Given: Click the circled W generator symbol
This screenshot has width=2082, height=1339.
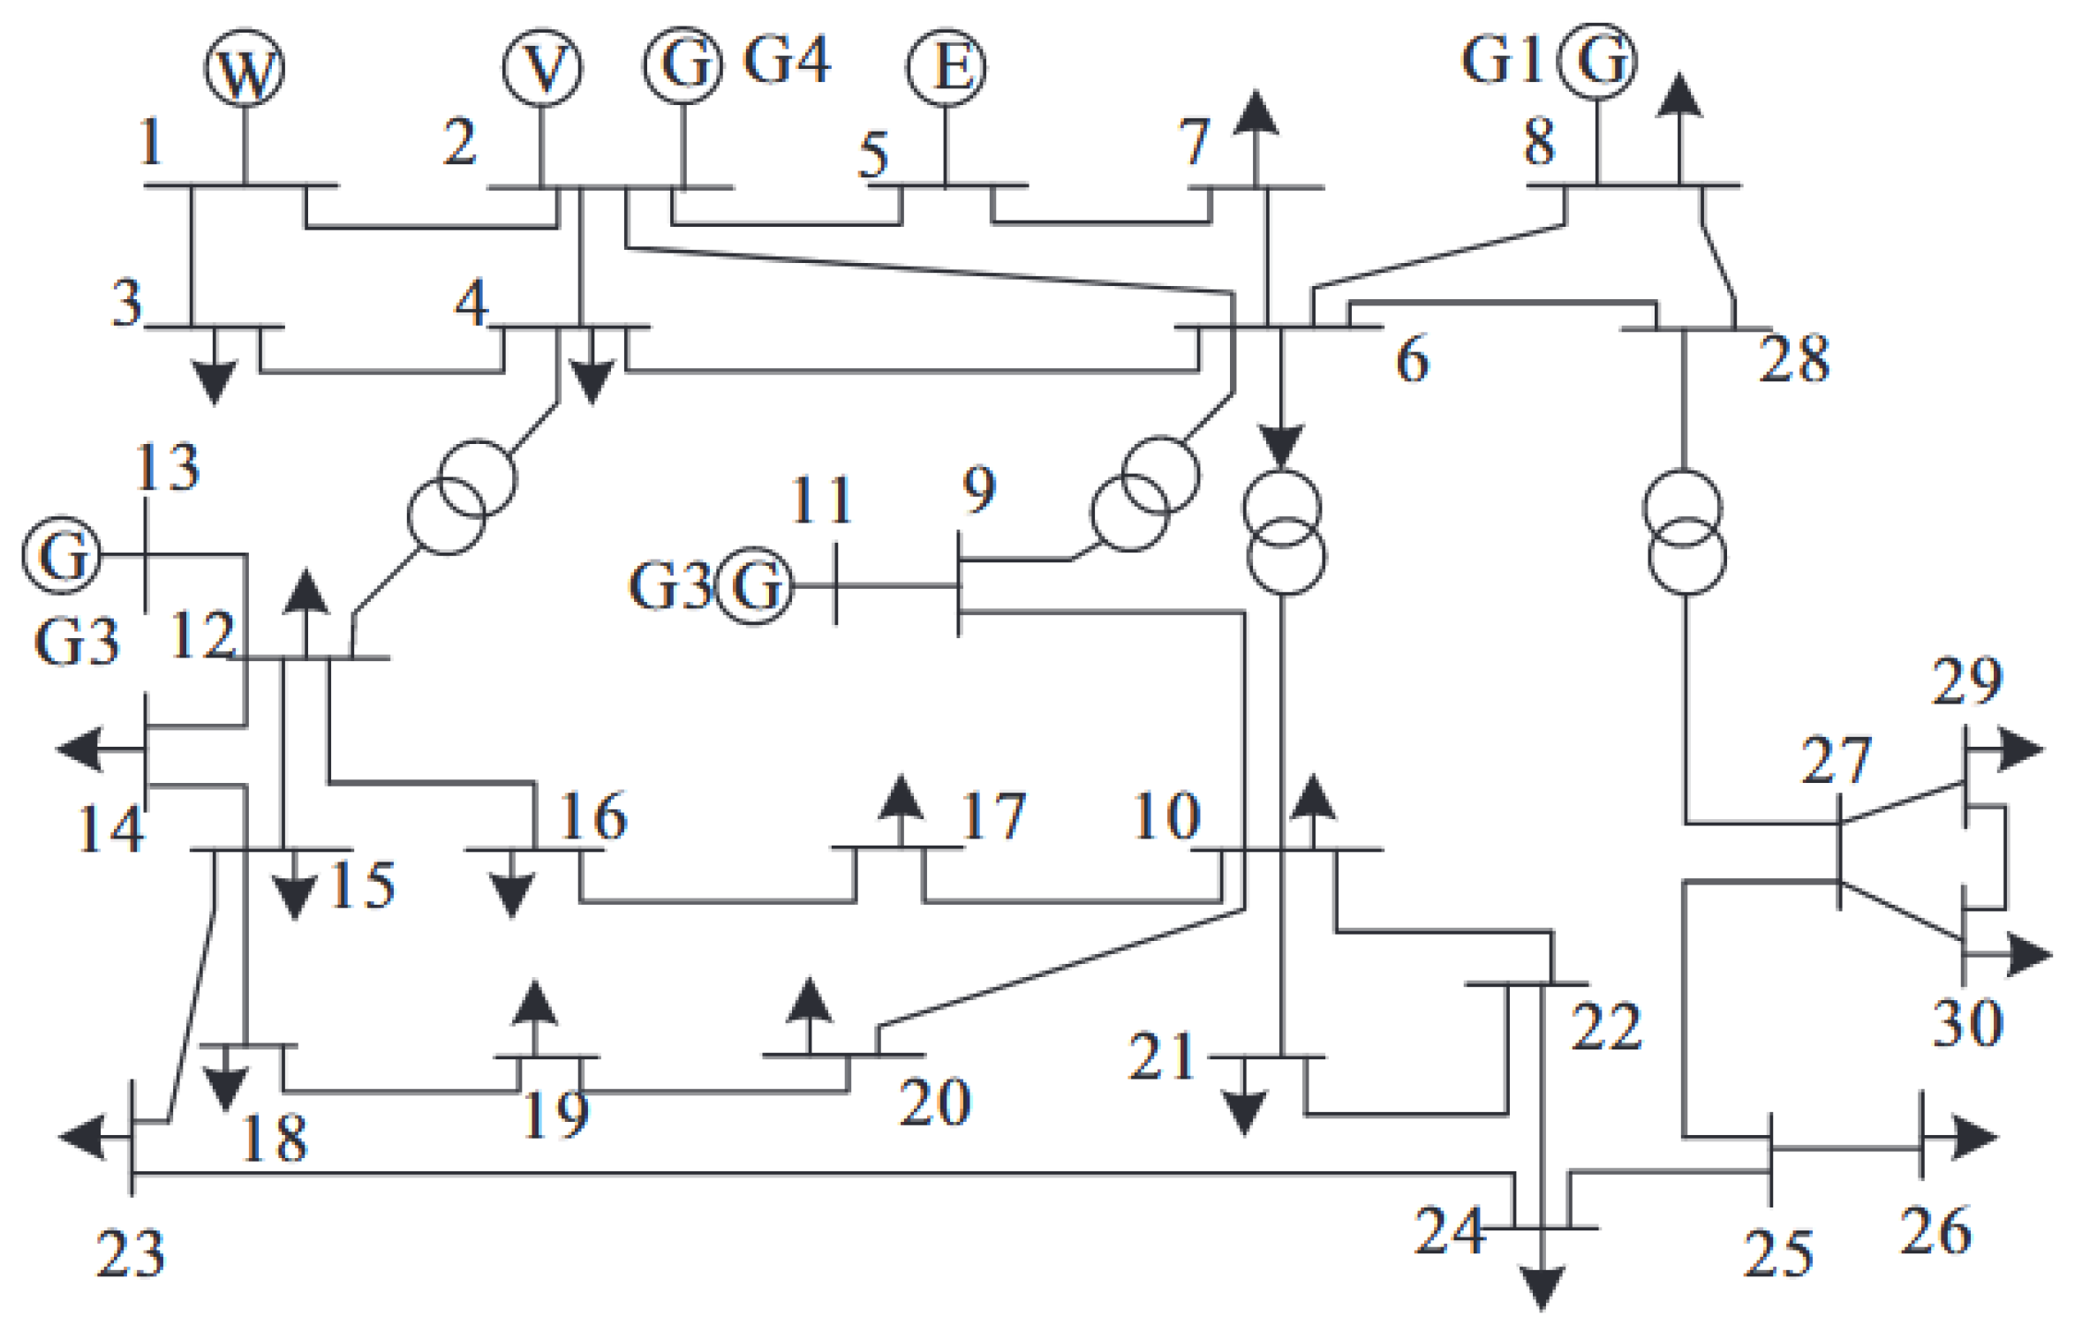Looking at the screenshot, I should pos(245,69).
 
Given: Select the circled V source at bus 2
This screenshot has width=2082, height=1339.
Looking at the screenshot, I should pos(542,68).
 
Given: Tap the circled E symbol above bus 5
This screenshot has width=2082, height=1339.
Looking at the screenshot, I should pos(947,67).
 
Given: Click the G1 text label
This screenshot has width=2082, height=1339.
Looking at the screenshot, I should pos(1502,61).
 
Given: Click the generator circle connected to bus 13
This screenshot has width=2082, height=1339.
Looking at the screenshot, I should pos(61,555).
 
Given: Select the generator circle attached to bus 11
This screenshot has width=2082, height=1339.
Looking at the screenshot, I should pos(754,586).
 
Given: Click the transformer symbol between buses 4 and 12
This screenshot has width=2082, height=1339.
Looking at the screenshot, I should pos(462,497).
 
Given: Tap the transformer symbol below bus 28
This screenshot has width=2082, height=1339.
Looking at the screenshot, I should pos(1685,533).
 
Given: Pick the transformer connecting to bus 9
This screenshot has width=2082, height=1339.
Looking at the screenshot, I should pos(1145,494).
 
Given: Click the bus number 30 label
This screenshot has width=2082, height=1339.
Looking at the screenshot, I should pos(1967,1024).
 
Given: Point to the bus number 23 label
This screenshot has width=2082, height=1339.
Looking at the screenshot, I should pos(131,1254).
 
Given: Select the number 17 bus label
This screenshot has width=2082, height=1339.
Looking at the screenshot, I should pos(993,816).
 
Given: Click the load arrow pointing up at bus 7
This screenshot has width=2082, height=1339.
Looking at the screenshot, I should pos(1255,115).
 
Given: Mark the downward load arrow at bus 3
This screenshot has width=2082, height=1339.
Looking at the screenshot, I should pos(215,380).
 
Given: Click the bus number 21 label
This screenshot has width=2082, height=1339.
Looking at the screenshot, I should pos(1161,1057).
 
